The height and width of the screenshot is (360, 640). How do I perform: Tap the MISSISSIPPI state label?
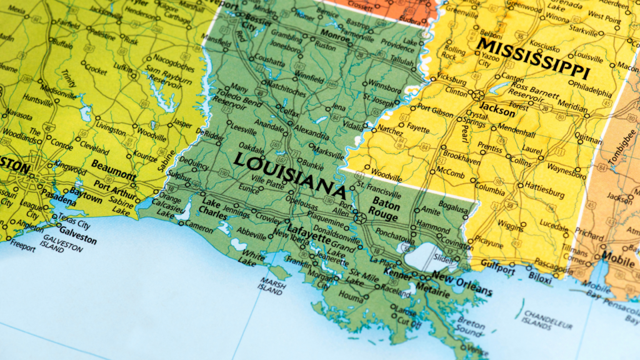pyautogui.click(x=534, y=57)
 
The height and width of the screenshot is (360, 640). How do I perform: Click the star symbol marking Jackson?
pyautogui.click(x=477, y=96)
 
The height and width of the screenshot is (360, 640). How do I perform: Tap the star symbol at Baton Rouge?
pyautogui.click(x=360, y=218)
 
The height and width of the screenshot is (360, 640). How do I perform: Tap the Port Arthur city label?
pyautogui.click(x=114, y=185)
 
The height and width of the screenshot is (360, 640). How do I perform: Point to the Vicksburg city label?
pyautogui.click(x=451, y=81)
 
